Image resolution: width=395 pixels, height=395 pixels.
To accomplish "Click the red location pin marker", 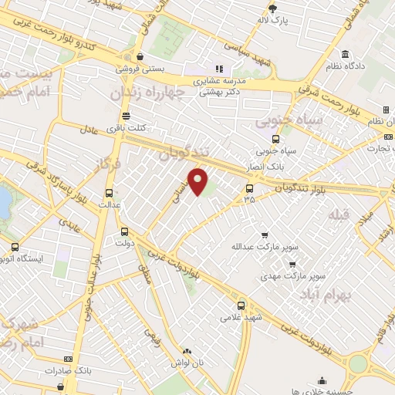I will (198, 181).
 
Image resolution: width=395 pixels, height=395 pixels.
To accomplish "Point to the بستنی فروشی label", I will (140, 68).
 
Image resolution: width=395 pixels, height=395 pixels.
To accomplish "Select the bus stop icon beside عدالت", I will (108, 194).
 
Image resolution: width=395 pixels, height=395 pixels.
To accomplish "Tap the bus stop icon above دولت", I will (125, 231).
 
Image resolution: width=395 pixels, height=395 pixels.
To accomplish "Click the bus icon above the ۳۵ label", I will (249, 187).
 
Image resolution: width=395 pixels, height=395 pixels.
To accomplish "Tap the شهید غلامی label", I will (242, 316).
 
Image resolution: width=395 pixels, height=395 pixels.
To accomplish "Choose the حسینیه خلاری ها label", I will (322, 390).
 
